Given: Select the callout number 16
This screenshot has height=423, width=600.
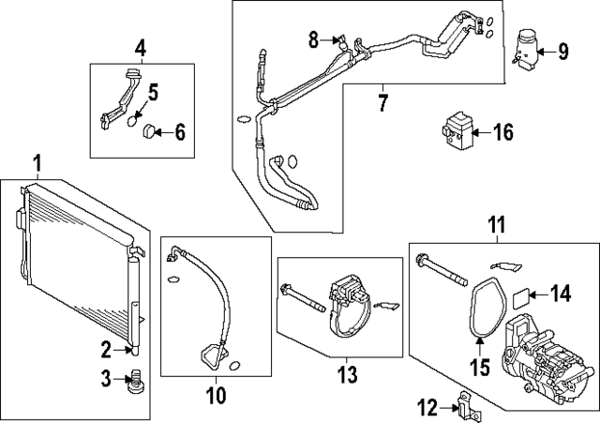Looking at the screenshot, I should [502, 131].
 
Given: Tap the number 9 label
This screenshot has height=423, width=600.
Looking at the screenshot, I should [562, 49].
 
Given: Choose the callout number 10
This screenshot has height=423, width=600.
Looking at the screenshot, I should [216, 395].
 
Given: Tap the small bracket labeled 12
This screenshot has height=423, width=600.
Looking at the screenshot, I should [462, 406].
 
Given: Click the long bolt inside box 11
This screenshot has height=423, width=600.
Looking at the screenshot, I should [443, 267].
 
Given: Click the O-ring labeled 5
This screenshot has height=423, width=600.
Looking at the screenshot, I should [134, 121].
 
